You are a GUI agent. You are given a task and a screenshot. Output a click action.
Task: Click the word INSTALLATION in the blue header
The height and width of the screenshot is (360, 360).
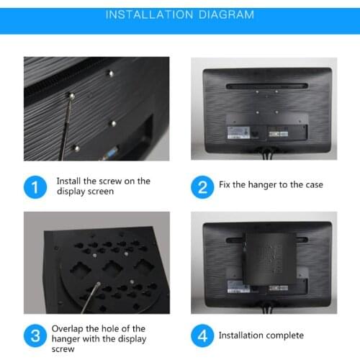149,15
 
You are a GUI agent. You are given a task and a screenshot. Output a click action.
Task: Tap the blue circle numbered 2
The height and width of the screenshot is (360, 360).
202,188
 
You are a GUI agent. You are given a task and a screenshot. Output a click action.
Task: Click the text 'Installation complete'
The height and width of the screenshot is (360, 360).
261,336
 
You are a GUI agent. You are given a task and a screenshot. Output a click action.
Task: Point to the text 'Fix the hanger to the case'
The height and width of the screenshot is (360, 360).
271,185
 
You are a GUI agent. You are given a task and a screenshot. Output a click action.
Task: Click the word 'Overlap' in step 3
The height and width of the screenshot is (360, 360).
68,328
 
